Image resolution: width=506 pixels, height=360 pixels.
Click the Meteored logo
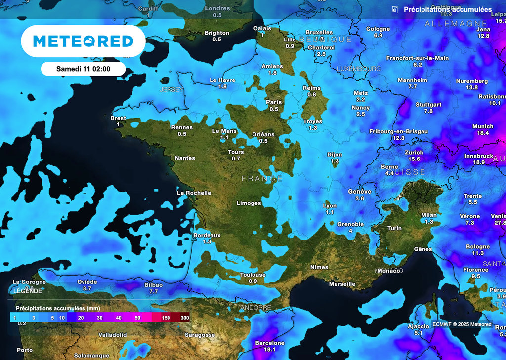coord(83,41)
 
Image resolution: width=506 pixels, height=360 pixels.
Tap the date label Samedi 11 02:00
coord(83,69)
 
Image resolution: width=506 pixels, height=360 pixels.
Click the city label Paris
coord(274,102)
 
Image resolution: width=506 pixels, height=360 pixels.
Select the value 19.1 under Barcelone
coord(270,350)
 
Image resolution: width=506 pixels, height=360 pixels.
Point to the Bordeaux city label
coord(207,235)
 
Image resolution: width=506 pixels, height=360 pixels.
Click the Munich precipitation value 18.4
coord(483,133)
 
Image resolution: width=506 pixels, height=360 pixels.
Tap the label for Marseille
coord(342,284)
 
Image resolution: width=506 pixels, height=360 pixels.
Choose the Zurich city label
coord(414,153)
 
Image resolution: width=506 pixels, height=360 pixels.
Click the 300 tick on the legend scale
coord(185,318)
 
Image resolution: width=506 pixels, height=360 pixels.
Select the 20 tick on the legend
coord(81,318)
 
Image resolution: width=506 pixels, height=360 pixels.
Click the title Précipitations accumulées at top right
coord(447,10)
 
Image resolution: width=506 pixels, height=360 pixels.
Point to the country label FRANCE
coord(262,179)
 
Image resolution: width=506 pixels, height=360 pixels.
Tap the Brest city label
coord(118,118)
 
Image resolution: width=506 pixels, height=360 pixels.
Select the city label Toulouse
coord(253,275)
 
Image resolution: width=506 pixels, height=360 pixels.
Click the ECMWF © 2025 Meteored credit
coord(462,324)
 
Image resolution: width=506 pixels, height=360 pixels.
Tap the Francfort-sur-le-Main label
coord(418,58)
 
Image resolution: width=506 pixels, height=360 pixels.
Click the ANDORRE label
coord(255,308)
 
